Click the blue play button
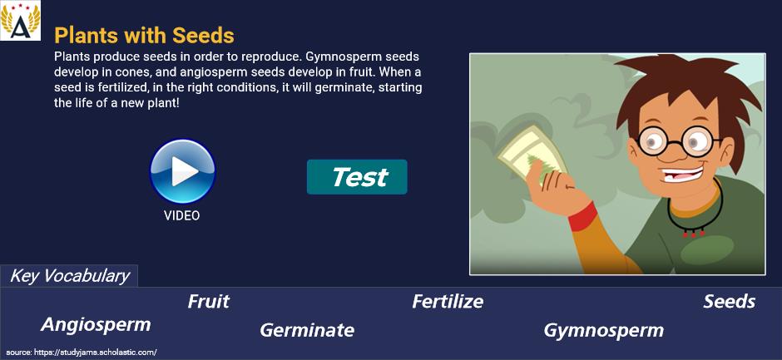point(182,171)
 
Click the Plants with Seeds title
point(144,36)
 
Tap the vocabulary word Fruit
point(209,302)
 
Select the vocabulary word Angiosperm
point(96,324)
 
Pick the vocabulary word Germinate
point(307,329)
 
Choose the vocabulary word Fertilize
point(448,302)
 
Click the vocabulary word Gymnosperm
point(603,330)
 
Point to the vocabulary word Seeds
point(729,302)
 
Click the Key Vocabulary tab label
point(70,276)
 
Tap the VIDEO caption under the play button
point(182,215)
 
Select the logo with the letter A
point(21,21)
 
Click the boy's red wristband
point(582,216)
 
